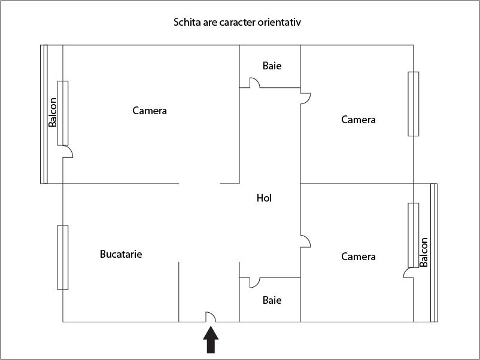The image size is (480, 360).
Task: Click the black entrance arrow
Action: coord(211,340)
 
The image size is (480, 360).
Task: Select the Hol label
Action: coord(264,198)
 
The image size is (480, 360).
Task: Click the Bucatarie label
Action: coord(121,254)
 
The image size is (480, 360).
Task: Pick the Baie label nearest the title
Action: coord(272,66)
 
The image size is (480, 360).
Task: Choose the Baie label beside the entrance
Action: coord(272,300)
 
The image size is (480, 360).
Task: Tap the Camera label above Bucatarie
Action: coord(150,111)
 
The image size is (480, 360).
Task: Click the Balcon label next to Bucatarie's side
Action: coord(53,112)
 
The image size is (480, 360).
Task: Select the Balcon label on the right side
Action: coord(423,252)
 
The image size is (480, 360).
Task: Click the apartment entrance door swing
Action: coord(211,317)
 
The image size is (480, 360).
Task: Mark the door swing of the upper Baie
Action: coord(255,83)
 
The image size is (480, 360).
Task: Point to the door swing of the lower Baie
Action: coord(255,283)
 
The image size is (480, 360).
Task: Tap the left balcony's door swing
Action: coord(68,151)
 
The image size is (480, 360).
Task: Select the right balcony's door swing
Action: coord(408,273)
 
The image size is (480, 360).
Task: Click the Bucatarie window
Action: coord(63,258)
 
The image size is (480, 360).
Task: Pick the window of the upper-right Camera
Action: coord(414,104)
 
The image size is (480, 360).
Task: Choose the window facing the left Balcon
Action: coord(63,113)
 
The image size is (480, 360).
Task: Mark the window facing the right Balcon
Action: coord(414,235)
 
